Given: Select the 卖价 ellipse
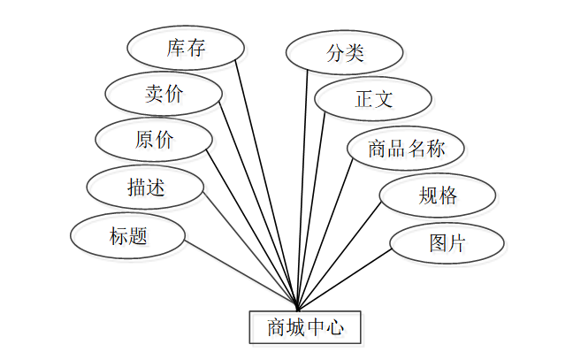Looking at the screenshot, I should (x=163, y=94).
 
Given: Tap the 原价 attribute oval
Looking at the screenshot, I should (x=155, y=140).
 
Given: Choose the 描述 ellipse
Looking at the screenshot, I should (x=146, y=188).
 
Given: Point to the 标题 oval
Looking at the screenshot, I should (x=128, y=236).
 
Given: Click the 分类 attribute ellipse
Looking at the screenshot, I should (x=345, y=53).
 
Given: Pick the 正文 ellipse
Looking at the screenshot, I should (x=373, y=99).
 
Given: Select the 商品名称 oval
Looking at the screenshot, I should (x=406, y=148).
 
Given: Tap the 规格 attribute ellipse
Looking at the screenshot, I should (x=438, y=195).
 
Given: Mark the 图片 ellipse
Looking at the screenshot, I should (x=447, y=243).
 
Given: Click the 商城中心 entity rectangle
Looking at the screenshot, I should (x=304, y=328).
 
